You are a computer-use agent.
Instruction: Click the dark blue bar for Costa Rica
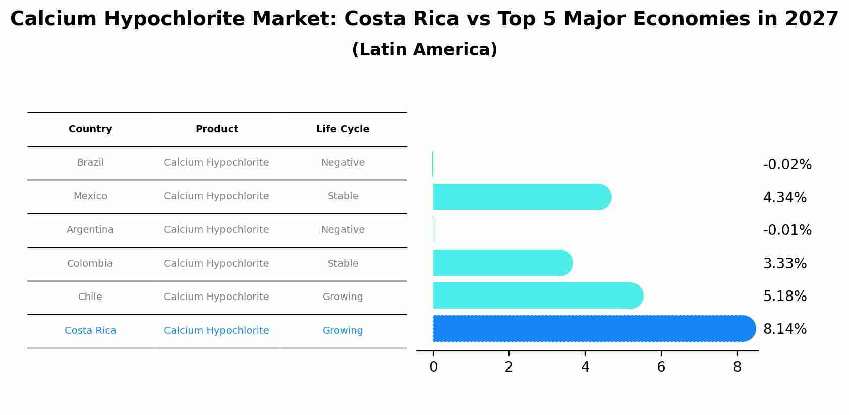tap(590, 329)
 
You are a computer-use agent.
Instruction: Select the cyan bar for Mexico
tap(520, 197)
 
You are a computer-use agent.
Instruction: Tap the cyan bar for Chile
tap(535, 295)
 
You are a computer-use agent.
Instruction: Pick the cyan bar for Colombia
tap(499, 263)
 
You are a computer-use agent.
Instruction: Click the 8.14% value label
tap(784, 329)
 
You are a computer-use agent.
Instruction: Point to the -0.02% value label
tap(787, 165)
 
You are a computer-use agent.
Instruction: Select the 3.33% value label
tap(784, 263)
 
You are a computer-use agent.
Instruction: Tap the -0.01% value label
tap(787, 230)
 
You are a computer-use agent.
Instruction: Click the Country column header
tap(90, 129)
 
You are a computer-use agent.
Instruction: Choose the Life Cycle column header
tap(343, 129)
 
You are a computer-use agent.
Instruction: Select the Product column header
tap(216, 129)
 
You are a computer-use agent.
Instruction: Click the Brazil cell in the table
tap(90, 163)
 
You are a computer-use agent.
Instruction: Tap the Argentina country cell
tap(90, 230)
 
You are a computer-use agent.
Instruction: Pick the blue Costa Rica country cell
tap(90, 331)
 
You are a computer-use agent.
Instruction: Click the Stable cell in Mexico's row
tap(343, 196)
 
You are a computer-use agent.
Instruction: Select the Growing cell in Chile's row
tap(343, 297)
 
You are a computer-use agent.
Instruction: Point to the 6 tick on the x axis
tap(661, 367)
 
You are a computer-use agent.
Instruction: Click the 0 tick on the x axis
tap(433, 367)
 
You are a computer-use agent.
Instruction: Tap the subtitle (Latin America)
tap(424, 50)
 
